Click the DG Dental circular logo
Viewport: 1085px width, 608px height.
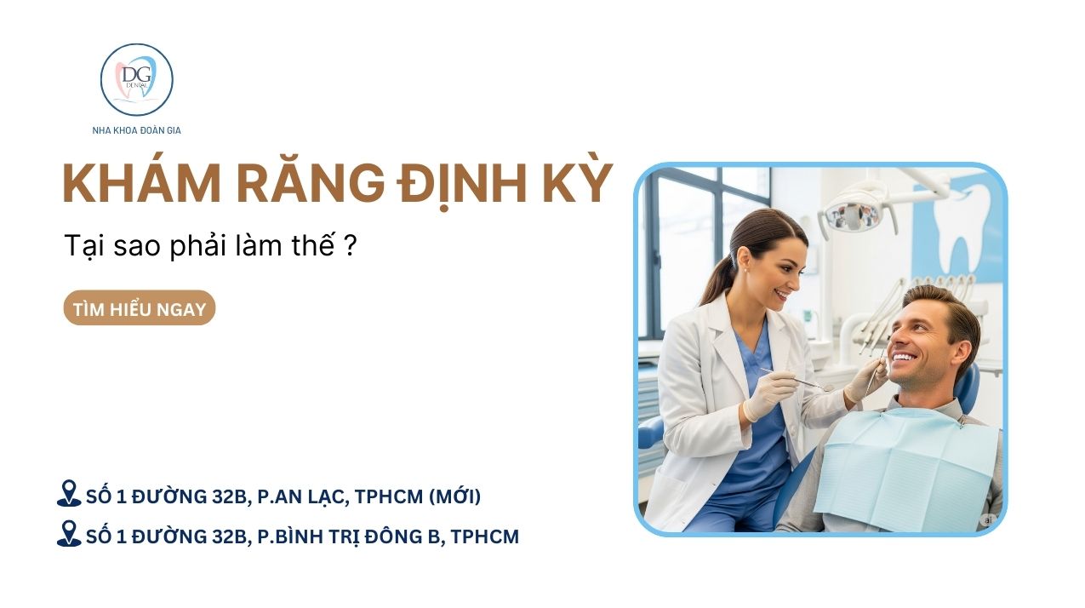137,79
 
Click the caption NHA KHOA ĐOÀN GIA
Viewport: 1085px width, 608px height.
137,130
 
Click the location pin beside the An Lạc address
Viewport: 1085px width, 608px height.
69,494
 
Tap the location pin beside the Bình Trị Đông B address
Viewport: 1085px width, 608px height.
69,534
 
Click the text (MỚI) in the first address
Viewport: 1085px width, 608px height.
454,496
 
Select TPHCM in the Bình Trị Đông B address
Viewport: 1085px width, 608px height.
485,536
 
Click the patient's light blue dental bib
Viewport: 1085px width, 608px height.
905,468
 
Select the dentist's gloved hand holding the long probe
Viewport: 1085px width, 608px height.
768,394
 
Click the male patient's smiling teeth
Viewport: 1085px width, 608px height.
904,358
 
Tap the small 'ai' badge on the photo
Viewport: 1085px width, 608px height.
988,520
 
